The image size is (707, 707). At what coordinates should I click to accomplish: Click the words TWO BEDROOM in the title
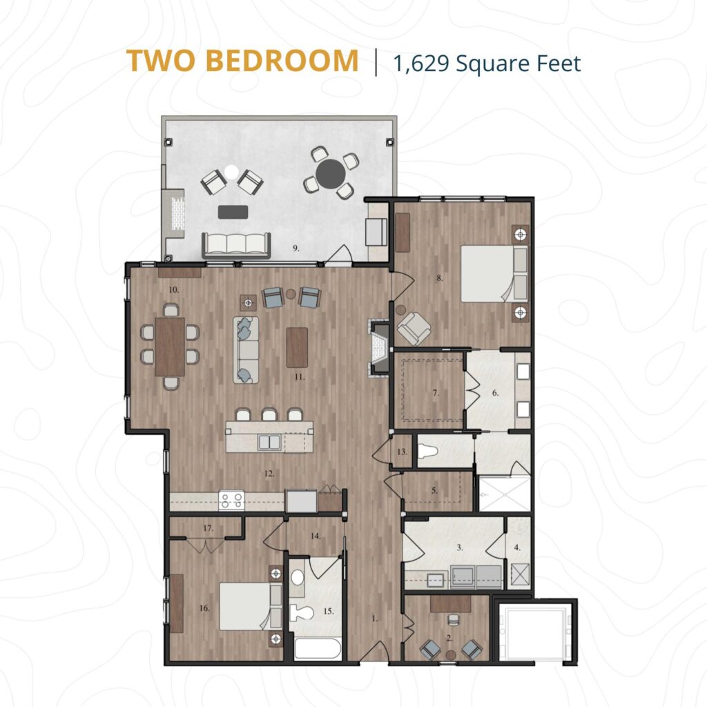click(242, 61)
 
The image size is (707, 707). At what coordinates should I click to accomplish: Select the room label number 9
click(296, 249)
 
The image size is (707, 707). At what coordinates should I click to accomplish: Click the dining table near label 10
click(170, 347)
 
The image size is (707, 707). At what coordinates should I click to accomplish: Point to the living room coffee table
click(297, 347)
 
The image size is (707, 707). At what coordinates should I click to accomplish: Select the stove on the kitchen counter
click(231, 500)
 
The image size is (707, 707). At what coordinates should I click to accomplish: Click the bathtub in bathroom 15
click(317, 650)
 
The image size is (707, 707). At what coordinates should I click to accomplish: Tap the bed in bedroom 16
click(244, 606)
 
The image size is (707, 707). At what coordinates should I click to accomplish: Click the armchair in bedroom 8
click(413, 328)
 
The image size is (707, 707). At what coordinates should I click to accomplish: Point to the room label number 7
click(436, 393)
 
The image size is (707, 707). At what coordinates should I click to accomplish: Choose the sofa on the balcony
click(235, 244)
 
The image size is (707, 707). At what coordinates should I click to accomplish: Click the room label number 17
click(207, 529)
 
